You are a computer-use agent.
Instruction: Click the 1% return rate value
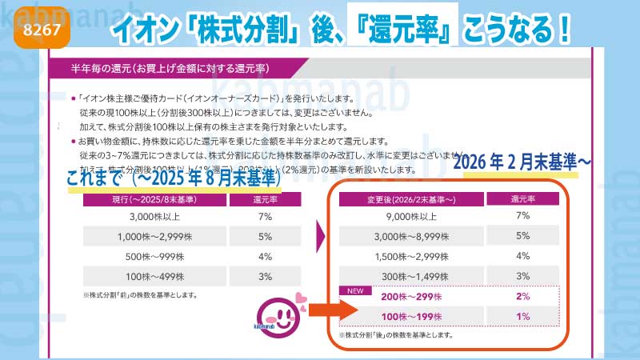(x=523, y=318)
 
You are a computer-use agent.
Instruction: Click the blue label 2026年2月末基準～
(x=523, y=162)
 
